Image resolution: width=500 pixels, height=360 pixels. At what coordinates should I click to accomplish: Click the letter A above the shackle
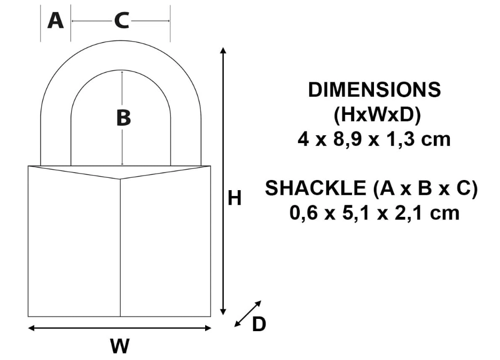click(56, 21)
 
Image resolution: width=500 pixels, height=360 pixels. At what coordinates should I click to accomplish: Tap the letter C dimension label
click(121, 21)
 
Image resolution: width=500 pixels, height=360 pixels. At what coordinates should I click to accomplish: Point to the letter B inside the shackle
click(123, 118)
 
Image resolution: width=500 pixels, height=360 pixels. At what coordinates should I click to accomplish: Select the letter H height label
click(235, 198)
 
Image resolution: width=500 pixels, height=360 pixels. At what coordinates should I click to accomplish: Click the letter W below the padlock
click(120, 346)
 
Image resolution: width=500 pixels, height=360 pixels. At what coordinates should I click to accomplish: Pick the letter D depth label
click(259, 324)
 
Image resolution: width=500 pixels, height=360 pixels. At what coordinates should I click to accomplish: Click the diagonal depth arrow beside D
click(248, 314)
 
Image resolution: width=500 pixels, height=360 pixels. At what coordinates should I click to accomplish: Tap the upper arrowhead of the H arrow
click(223, 50)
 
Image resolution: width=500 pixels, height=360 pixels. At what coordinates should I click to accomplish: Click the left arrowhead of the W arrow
click(31, 328)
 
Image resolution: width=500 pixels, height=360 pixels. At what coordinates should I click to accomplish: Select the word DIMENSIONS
click(374, 90)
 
